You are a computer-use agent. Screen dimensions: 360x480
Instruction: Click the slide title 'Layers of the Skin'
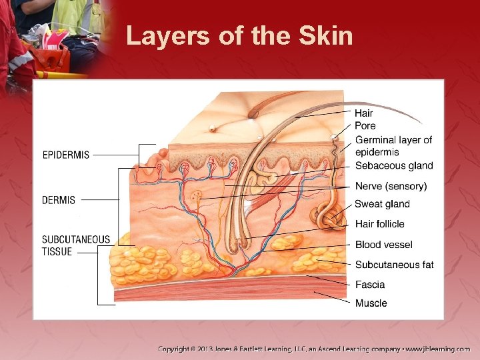(x=239, y=35)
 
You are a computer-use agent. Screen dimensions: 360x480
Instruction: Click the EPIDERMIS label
(x=66, y=155)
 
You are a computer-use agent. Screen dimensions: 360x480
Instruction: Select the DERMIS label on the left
(x=59, y=199)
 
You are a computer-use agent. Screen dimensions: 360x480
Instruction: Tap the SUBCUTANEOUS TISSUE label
(x=75, y=245)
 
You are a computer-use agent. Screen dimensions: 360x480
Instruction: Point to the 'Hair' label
(x=364, y=113)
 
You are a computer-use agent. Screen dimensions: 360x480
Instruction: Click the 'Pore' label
(x=365, y=126)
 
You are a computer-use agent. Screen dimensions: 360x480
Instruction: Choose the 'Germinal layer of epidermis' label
(x=393, y=146)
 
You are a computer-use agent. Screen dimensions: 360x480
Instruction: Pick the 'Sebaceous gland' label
(x=394, y=166)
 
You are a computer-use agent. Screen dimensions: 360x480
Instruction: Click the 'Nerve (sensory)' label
(x=391, y=186)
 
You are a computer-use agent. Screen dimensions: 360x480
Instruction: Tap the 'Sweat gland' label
(x=382, y=204)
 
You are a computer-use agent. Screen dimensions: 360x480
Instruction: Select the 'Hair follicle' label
(x=379, y=224)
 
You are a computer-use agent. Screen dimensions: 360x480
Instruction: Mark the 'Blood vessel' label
(x=384, y=245)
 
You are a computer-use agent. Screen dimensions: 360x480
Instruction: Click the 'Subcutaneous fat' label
(x=394, y=265)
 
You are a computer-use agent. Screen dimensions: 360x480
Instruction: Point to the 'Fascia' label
(x=370, y=285)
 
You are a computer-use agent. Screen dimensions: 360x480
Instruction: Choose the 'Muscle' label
(x=371, y=303)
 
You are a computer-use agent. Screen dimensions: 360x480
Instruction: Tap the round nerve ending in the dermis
(x=197, y=197)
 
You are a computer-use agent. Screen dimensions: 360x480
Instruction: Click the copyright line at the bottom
(x=313, y=349)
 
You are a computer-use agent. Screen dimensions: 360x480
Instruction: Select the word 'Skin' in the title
(x=326, y=35)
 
